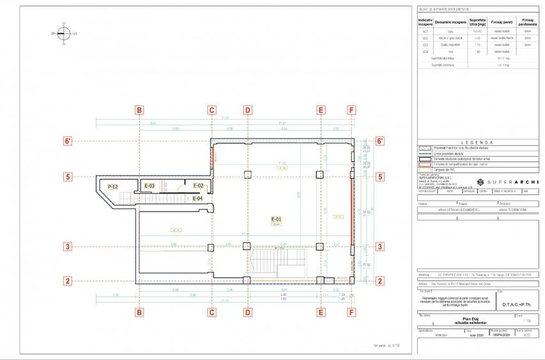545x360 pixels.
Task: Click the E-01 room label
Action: tap(277, 219)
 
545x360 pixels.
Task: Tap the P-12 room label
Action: tap(112, 186)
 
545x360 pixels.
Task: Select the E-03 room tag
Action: tap(149, 186)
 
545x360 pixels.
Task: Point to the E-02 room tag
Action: tap(198, 186)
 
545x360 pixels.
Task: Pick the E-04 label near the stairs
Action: tap(198, 198)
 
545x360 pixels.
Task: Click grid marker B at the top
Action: tap(139, 110)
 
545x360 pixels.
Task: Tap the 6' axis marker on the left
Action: tap(67, 141)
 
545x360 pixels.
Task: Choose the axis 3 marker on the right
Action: tap(380, 247)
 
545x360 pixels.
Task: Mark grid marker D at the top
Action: tap(247, 110)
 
